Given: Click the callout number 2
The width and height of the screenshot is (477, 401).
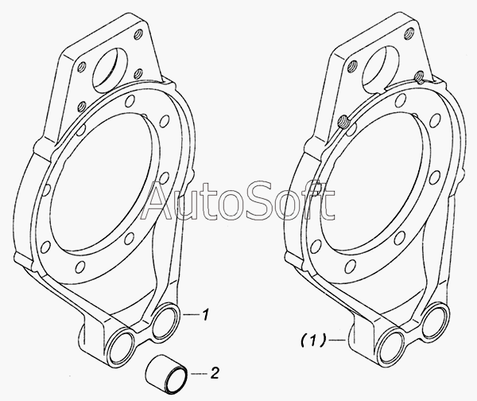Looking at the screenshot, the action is pyautogui.click(x=215, y=372).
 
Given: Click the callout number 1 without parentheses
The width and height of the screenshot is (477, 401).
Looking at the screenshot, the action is pyautogui.click(x=206, y=314).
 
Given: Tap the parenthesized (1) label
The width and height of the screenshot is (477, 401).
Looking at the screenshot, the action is pyautogui.click(x=314, y=340).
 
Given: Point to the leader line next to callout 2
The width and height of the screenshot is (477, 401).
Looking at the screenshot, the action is pyautogui.click(x=199, y=373).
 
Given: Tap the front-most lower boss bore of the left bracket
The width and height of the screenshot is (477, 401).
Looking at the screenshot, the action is pyautogui.click(x=122, y=347).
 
